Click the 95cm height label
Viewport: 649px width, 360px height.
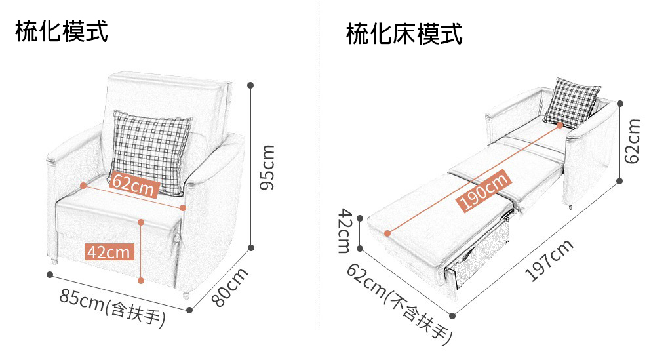pos(266,167)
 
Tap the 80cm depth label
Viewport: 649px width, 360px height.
pos(230,286)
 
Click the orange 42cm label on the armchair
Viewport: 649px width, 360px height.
pos(109,252)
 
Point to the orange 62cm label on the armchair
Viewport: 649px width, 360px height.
pos(134,186)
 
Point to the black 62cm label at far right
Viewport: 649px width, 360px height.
pos(633,141)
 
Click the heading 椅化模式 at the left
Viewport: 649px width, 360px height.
pos(62,31)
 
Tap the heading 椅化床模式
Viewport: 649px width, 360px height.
pos(404,33)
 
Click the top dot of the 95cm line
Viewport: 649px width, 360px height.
pos(251,85)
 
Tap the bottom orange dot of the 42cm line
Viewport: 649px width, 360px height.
pos(141,281)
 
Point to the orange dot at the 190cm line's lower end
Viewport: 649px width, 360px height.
pos(387,233)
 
